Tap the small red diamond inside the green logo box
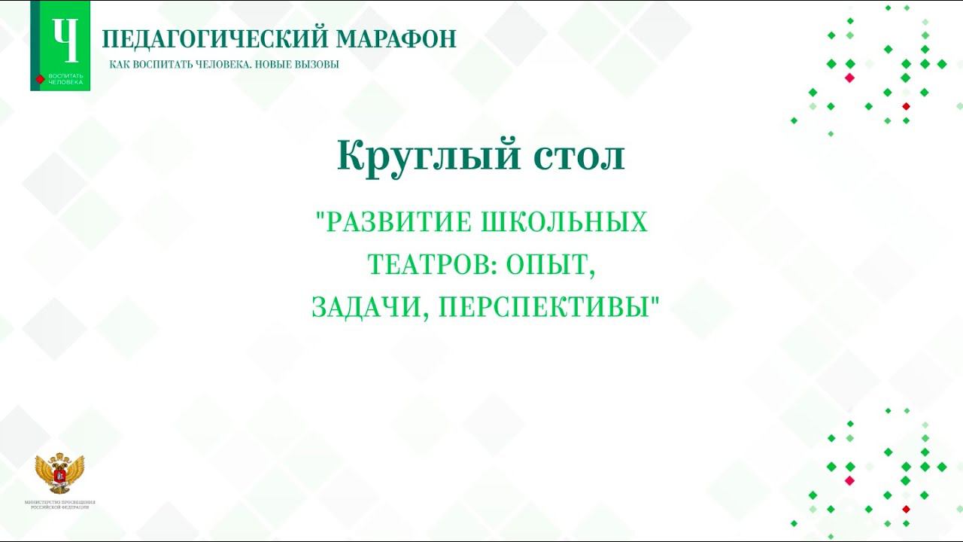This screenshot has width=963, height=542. [x=40, y=79]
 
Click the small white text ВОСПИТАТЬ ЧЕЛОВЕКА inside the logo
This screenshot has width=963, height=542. [x=66, y=79]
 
